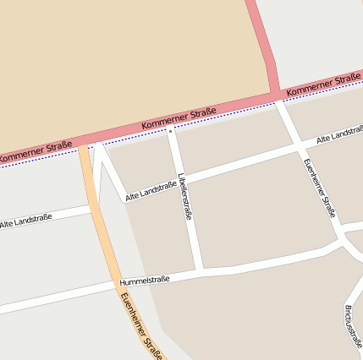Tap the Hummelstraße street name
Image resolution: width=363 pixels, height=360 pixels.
coord(145,281)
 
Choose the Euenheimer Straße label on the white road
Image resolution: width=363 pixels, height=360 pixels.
coord(318,187)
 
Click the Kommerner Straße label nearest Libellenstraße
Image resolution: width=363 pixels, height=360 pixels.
coord(179,117)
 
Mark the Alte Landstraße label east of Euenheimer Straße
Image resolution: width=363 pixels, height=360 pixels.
coord(339,134)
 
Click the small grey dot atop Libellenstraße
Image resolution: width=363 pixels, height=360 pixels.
coord(170,132)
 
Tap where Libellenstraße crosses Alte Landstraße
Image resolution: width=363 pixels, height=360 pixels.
coord(180,178)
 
